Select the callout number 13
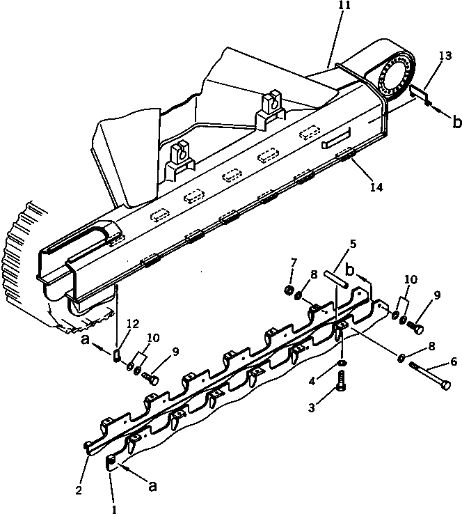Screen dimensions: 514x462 coord(445,54)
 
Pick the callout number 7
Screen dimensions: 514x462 coord(293,262)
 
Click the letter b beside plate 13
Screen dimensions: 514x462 coord(456,123)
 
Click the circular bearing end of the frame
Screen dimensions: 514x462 coord(397,76)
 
